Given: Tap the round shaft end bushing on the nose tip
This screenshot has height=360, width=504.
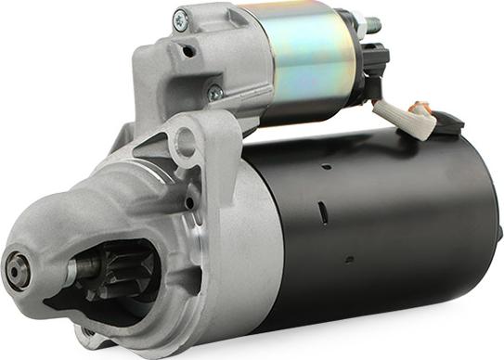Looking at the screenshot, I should click(17, 271).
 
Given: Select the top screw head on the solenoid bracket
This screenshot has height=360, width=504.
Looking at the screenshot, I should click(180, 19).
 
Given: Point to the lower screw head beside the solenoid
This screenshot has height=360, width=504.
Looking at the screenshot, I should click(214, 93).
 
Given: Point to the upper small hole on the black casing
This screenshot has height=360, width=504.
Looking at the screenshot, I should click(326, 167).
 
